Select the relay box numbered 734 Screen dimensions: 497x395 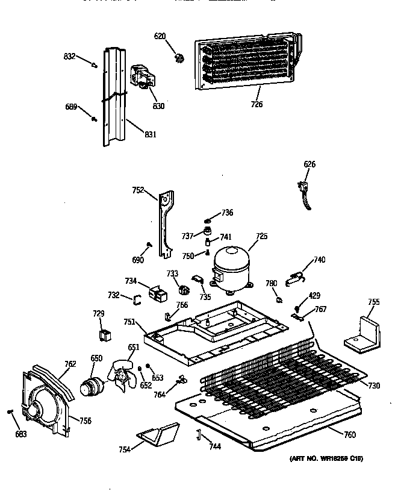pyautogui.click(x=160, y=294)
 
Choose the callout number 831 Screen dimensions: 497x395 pyautogui.click(x=151, y=134)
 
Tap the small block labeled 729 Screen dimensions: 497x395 pyautogui.click(x=105, y=334)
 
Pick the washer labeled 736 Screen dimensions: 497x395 pyautogui.click(x=208, y=220)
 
